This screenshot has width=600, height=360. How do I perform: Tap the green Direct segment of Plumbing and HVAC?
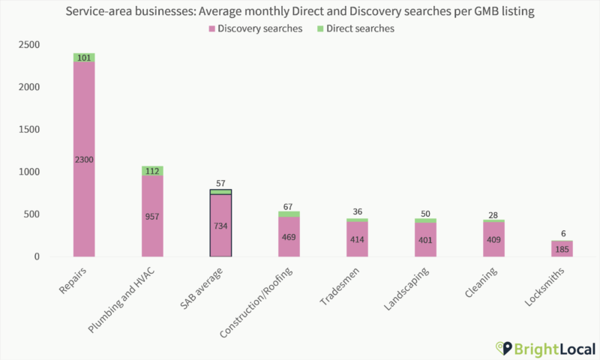point(152,170)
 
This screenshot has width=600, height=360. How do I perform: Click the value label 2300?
point(84,159)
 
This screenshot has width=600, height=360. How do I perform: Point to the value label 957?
point(152,216)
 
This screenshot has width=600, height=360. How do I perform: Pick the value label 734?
point(220,226)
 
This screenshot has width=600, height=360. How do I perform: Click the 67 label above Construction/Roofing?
point(289,205)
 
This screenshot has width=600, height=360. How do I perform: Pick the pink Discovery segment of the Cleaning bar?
point(493,240)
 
